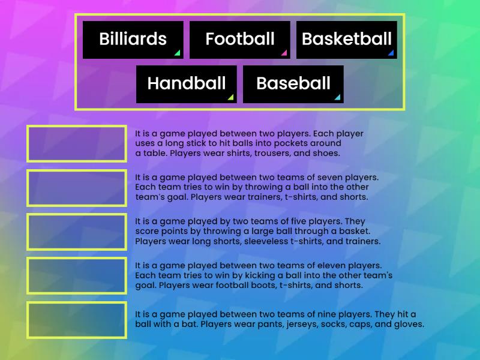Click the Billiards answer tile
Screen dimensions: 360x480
(x=133, y=40)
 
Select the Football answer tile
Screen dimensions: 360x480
(x=239, y=40)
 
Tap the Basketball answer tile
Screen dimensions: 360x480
(x=346, y=40)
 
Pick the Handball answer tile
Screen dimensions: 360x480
(x=186, y=84)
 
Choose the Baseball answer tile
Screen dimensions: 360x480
(x=293, y=84)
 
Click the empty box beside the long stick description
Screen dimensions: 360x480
(x=77, y=143)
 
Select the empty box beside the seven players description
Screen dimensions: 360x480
(x=77, y=188)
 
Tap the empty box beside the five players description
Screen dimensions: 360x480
(x=77, y=232)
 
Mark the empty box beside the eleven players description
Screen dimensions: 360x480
(x=77, y=276)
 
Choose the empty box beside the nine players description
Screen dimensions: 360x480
(x=77, y=320)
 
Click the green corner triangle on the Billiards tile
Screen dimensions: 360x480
(x=178, y=53)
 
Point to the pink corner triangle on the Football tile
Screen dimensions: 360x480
(x=284, y=53)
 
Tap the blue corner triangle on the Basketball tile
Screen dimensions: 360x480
(x=391, y=53)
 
